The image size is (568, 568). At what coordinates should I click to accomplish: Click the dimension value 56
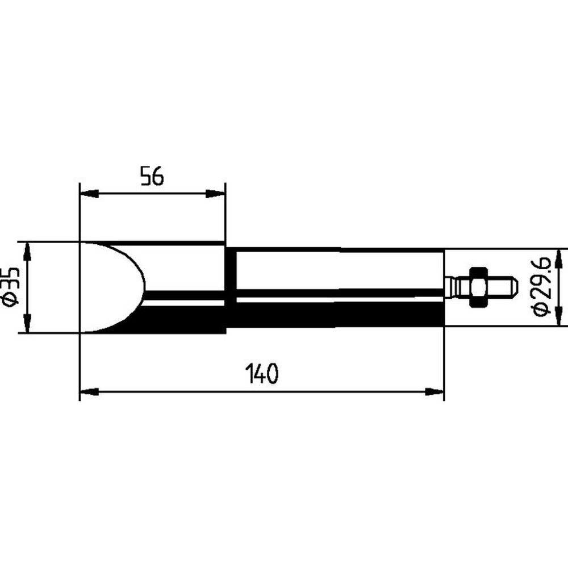pyautogui.click(x=152, y=176)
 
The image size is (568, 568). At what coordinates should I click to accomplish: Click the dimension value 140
pyautogui.click(x=262, y=374)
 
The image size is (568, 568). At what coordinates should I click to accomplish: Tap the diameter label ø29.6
pyautogui.click(x=542, y=286)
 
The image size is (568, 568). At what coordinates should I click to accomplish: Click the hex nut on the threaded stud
pyautogui.click(x=478, y=287)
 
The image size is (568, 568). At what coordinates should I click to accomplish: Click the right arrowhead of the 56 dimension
pyautogui.click(x=215, y=194)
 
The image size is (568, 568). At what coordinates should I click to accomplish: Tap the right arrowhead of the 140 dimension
pyautogui.click(x=434, y=391)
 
